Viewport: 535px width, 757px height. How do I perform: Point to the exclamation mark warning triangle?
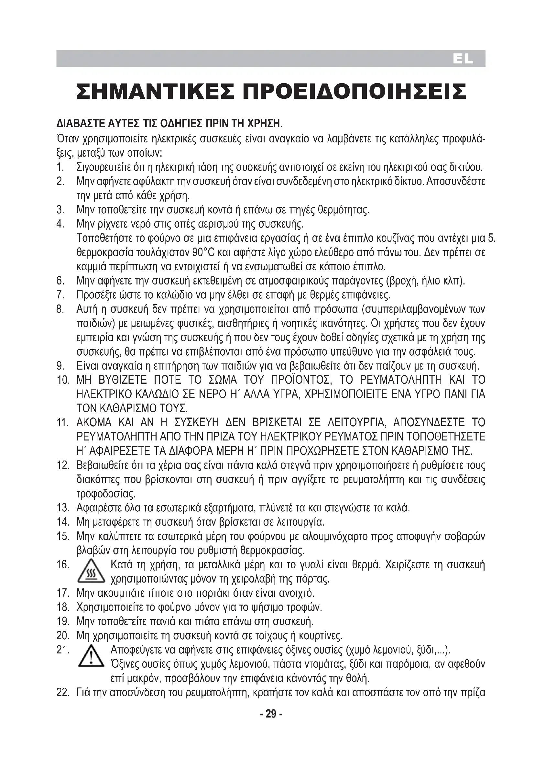coord(91,657)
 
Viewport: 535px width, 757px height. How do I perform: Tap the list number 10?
coord(63,380)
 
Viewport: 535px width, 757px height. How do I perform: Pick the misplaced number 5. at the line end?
coord(492,238)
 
